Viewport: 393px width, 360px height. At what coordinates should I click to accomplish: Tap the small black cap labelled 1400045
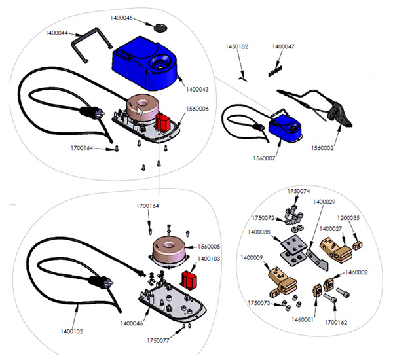point(159,27)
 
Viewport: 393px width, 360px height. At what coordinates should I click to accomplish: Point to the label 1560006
point(198,108)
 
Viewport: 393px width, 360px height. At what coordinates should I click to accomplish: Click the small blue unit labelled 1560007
point(285,126)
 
